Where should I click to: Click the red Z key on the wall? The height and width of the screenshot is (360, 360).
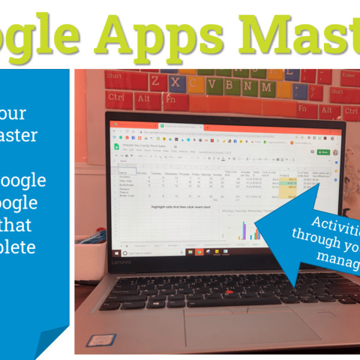click(155, 80)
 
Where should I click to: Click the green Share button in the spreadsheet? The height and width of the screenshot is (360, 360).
click(324, 152)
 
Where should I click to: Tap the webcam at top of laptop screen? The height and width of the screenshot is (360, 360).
click(225, 115)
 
